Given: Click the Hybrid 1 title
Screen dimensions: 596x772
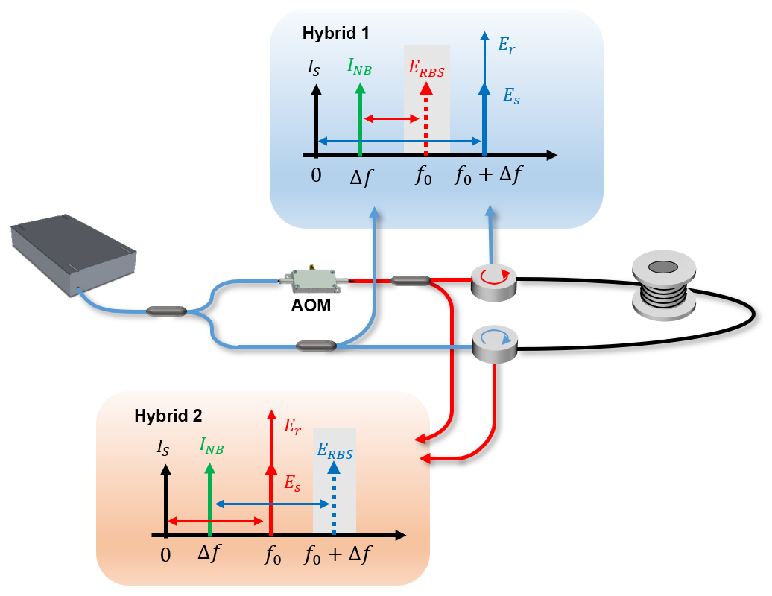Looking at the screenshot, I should [335, 33].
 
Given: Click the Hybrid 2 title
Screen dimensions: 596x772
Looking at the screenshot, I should [168, 416].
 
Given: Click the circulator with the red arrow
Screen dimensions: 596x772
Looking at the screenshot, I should [493, 280].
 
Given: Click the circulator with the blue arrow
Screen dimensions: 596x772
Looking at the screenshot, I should [496, 342].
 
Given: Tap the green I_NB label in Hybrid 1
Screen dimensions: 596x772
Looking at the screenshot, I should [360, 67].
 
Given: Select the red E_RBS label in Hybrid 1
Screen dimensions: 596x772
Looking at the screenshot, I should [426, 67].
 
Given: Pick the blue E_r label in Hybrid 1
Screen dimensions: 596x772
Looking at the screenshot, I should [507, 45].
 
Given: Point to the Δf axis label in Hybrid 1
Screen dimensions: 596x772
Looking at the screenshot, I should [361, 178].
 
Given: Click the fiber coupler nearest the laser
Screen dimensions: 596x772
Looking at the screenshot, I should [166, 310].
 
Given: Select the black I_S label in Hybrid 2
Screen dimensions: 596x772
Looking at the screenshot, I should [163, 448].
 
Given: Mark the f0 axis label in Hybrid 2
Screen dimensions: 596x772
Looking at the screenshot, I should [272, 556].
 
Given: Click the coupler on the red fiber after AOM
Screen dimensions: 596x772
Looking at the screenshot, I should [411, 281].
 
